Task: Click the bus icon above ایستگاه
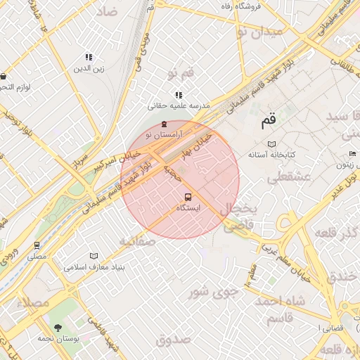(188, 197)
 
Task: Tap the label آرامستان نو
(164, 134)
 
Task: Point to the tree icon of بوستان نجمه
(58, 327)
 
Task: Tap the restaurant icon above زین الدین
(89, 57)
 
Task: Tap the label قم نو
(181, 73)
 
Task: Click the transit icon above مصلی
(37, 245)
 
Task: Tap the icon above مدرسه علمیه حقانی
(179, 94)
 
